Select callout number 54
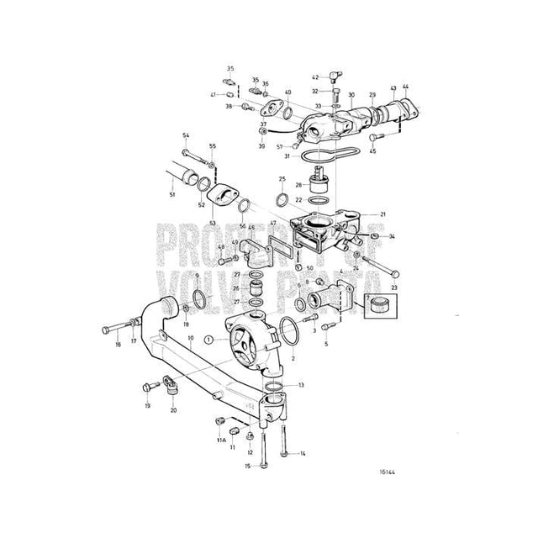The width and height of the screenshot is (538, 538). pos(186,135)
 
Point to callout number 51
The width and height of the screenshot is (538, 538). pos(171,196)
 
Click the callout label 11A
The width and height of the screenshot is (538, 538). pos(222,440)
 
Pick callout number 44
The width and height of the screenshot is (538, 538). pos(407,88)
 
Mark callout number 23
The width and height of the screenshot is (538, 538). pos(394,289)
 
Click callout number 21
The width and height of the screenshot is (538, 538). pos(382,215)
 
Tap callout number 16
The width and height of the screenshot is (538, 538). pos(118,345)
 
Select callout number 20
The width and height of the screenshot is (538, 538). pos(173,410)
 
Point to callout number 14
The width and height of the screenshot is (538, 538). pos(303,455)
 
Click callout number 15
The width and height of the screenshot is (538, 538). pos(248,466)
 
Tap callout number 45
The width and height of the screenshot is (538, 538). pos(374,152)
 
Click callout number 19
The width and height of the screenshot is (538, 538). pos(146,406)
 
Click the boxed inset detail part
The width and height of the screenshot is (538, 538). pos(377,307)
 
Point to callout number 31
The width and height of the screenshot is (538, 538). pos(287,156)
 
